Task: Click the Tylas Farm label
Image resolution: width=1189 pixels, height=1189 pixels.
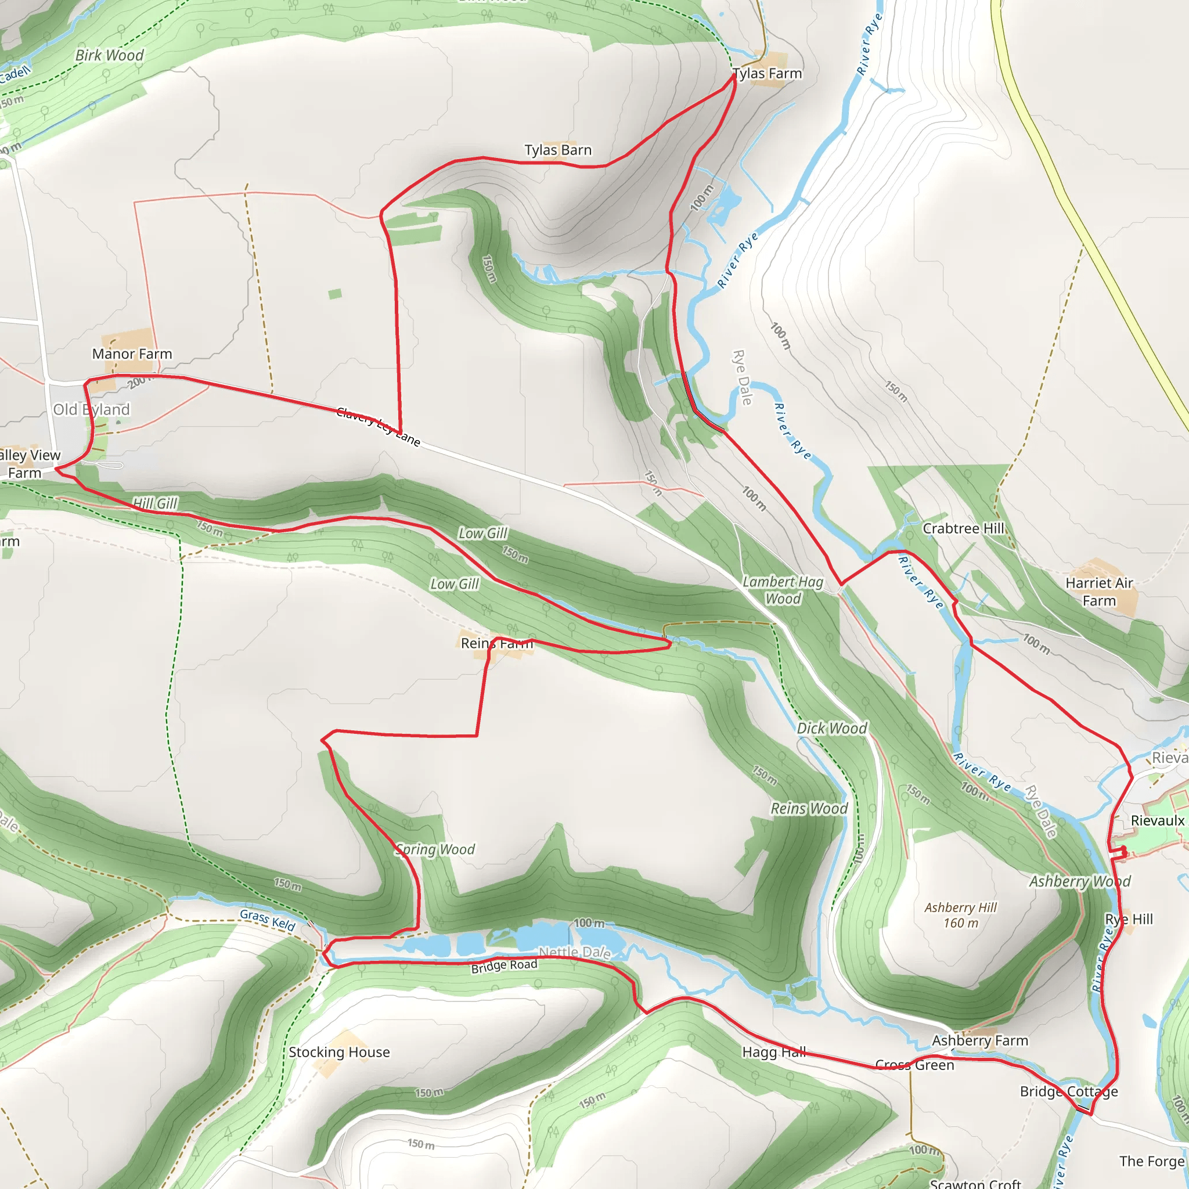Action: pyautogui.click(x=768, y=74)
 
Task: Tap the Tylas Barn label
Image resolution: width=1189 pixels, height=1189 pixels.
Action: pyautogui.click(x=557, y=150)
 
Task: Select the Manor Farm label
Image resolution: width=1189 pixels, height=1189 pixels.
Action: pyautogui.click(x=132, y=354)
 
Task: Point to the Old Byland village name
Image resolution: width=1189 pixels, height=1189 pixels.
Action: pyautogui.click(x=92, y=409)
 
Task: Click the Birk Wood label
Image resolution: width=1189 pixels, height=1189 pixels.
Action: pyautogui.click(x=109, y=55)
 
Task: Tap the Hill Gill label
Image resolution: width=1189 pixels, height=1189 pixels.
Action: pyautogui.click(x=155, y=503)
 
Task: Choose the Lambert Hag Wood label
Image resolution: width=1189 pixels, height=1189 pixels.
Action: pyautogui.click(x=782, y=590)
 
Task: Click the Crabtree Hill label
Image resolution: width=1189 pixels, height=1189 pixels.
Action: pyautogui.click(x=963, y=529)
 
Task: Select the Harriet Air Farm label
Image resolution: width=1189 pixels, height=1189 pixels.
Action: pyautogui.click(x=1098, y=592)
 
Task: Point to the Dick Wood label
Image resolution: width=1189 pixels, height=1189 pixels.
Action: pyautogui.click(x=831, y=728)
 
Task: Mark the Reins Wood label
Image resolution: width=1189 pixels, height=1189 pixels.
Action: pyautogui.click(x=809, y=808)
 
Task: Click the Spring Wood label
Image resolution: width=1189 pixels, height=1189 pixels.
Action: pyautogui.click(x=435, y=849)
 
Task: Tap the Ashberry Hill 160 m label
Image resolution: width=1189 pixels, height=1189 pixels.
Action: pyautogui.click(x=960, y=915)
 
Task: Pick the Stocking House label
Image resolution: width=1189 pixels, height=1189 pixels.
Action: pyautogui.click(x=339, y=1052)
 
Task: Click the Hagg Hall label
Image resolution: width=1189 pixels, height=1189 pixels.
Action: pyautogui.click(x=773, y=1052)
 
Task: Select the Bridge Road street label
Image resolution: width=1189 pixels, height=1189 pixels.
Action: pyautogui.click(x=504, y=966)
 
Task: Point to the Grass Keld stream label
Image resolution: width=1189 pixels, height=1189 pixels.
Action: pyautogui.click(x=267, y=920)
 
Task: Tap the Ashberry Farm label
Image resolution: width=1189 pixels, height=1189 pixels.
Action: pyautogui.click(x=980, y=1041)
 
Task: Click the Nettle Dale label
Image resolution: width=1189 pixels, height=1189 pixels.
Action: pyautogui.click(x=574, y=953)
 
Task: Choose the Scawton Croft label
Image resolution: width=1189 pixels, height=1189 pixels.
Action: pyautogui.click(x=975, y=1183)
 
